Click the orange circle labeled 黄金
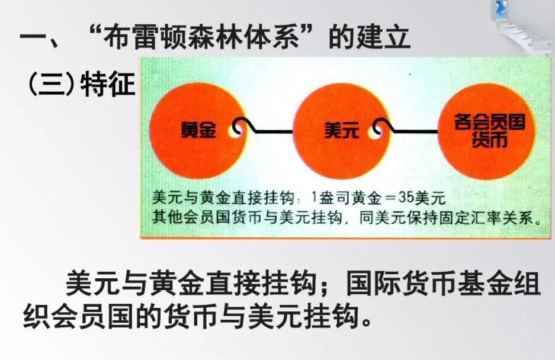click(198, 131)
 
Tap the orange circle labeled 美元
click(341, 131)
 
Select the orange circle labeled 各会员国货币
click(487, 131)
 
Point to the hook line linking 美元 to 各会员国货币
click(407, 131)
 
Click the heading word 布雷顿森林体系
click(201, 37)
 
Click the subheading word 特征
click(108, 84)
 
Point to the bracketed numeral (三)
click(52, 84)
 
